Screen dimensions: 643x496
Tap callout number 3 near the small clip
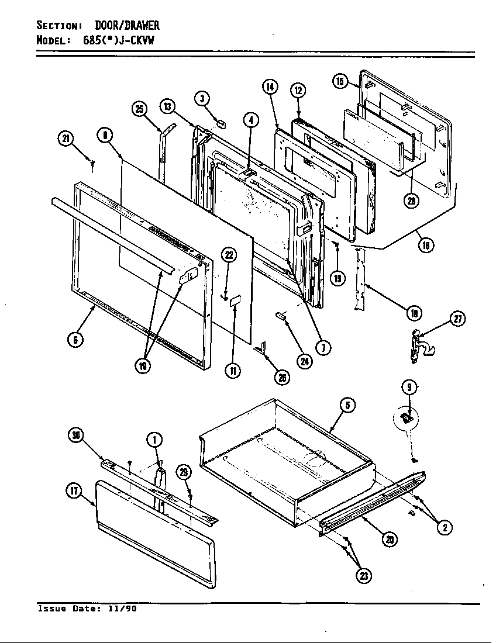pyautogui.click(x=202, y=98)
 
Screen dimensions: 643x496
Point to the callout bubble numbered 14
pyautogui.click(x=270, y=88)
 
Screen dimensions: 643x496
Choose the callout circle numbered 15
pyautogui.click(x=341, y=81)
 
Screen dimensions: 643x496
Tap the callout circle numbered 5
pyautogui.click(x=347, y=405)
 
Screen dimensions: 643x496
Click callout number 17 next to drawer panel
pyautogui.click(x=74, y=491)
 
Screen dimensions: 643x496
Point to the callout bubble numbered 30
pyautogui.click(x=76, y=434)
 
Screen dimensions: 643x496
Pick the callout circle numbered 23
pyautogui.click(x=364, y=576)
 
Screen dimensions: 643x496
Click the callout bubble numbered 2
pyautogui.click(x=445, y=528)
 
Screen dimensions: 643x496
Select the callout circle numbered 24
pyautogui.click(x=304, y=361)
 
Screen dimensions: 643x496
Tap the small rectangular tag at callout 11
pyautogui.click(x=235, y=302)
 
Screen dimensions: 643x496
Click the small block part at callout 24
pyautogui.click(x=281, y=316)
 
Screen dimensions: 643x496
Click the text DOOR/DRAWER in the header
pyautogui.click(x=127, y=26)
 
